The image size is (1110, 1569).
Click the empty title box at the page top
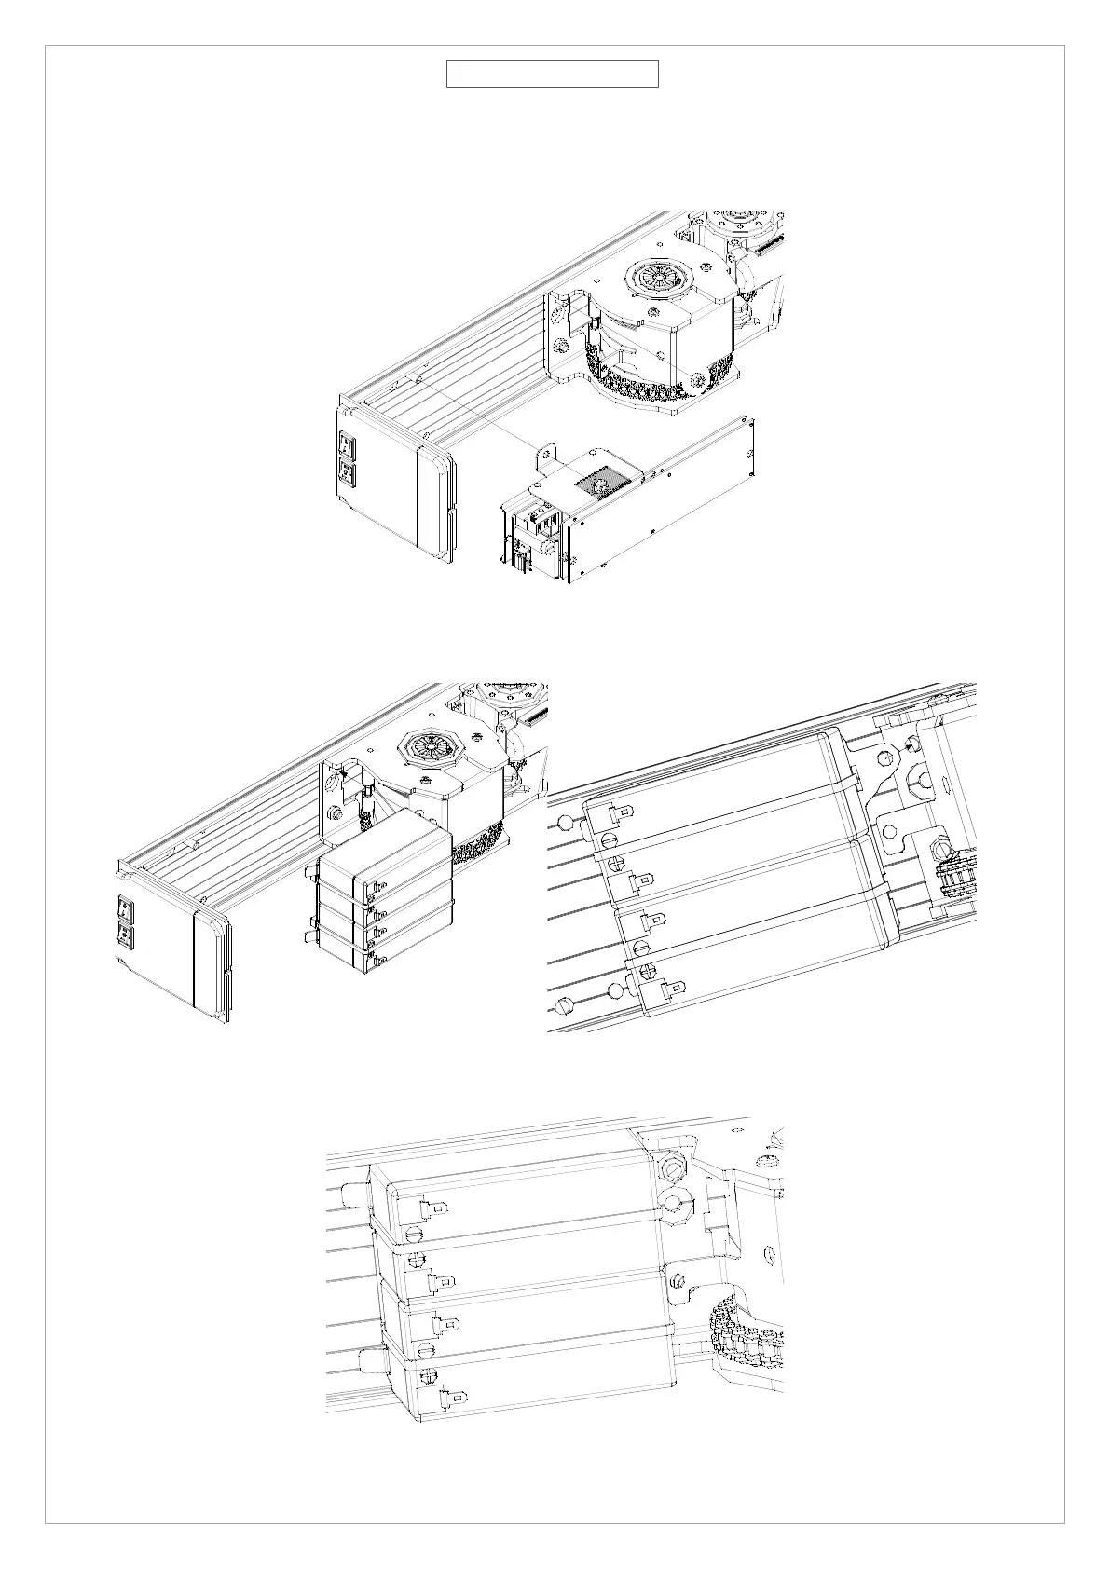(552, 74)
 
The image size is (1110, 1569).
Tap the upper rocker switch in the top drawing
(347, 444)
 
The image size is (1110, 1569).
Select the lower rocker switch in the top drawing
(347, 473)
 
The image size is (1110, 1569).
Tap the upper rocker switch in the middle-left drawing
(125, 907)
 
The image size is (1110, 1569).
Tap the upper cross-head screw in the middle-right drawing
(612, 866)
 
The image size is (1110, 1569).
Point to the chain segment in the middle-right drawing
(952, 885)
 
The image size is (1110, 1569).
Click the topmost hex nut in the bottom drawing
(670, 1166)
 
